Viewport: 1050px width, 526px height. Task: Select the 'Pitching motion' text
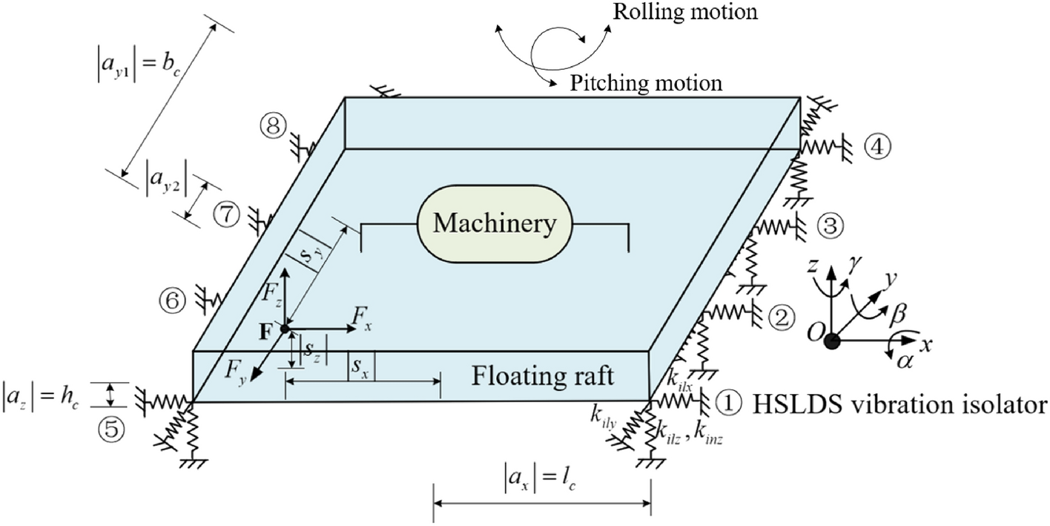point(645,82)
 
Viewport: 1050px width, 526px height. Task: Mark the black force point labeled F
point(285,329)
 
